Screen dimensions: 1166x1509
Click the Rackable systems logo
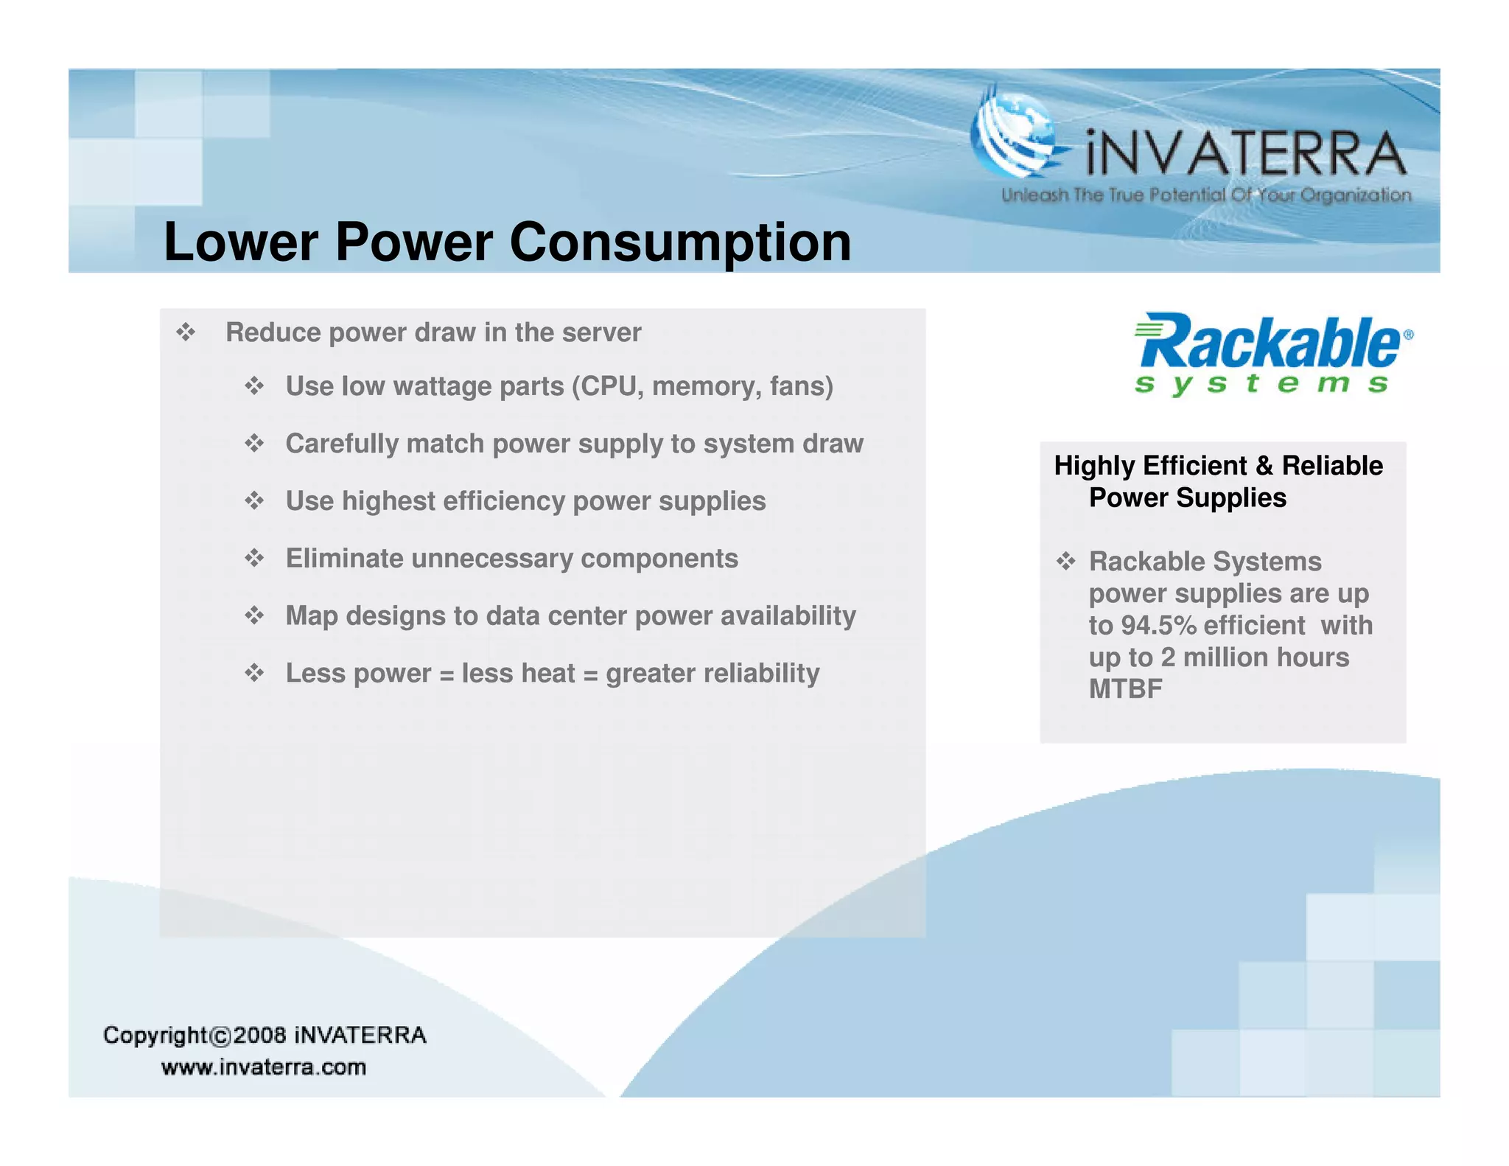1272,354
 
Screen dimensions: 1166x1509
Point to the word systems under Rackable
1261,384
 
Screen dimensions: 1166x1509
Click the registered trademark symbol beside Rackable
1408,335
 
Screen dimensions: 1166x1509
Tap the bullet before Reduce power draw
186,332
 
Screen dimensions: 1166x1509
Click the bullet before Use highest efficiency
254,501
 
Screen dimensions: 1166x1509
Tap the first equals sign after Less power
446,674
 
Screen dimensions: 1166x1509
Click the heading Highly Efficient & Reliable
1218,466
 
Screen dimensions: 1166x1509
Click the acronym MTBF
1125,689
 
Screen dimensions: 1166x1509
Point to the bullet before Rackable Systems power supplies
1065,562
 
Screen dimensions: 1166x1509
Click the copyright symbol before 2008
220,1037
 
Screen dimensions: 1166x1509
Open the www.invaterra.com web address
264,1067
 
